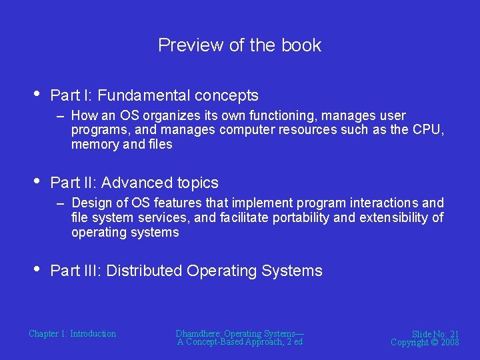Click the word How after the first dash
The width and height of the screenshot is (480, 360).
pyautogui.click(x=85, y=115)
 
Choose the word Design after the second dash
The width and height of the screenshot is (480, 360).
pyautogui.click(x=90, y=203)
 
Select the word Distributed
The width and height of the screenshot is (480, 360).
pyautogui.click(x=144, y=271)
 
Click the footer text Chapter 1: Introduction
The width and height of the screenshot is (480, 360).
pyautogui.click(x=72, y=333)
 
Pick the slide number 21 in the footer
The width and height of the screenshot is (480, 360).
pyautogui.click(x=454, y=333)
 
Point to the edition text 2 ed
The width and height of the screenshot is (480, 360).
pyautogui.click(x=293, y=342)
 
